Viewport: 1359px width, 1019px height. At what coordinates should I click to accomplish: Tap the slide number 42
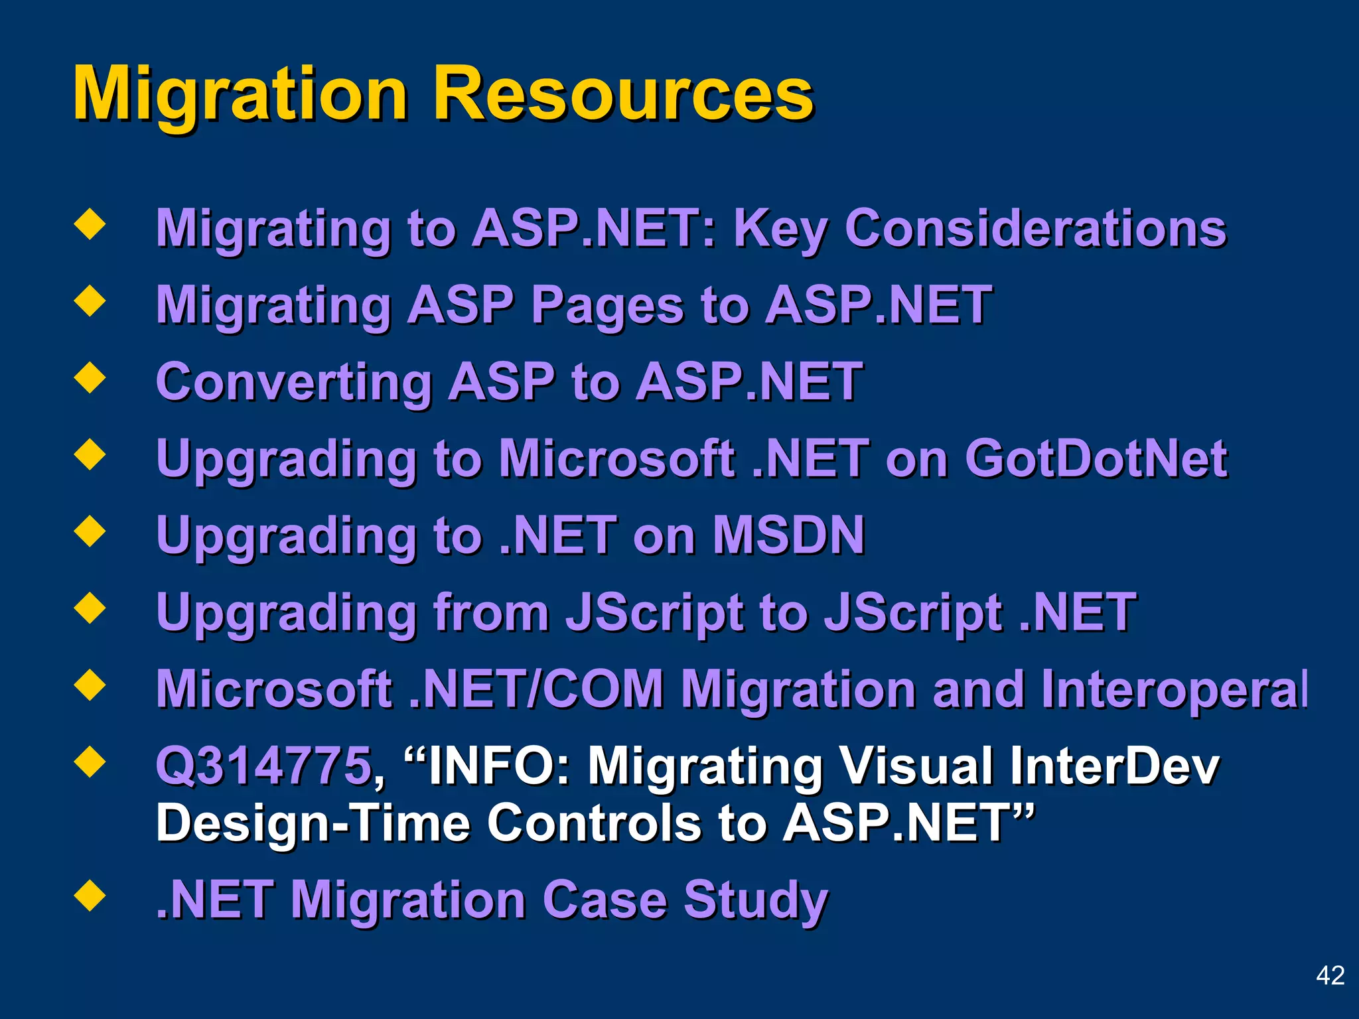pos(1330,975)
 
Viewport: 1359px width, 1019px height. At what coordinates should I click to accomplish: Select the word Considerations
pos(1035,228)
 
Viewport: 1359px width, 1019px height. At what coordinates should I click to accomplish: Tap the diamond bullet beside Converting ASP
pos(90,378)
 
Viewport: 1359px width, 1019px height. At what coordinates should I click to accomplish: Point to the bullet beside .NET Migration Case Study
pos(90,896)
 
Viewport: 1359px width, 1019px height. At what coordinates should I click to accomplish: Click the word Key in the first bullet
pos(780,228)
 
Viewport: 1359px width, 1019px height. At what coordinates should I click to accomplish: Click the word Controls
pos(594,823)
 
